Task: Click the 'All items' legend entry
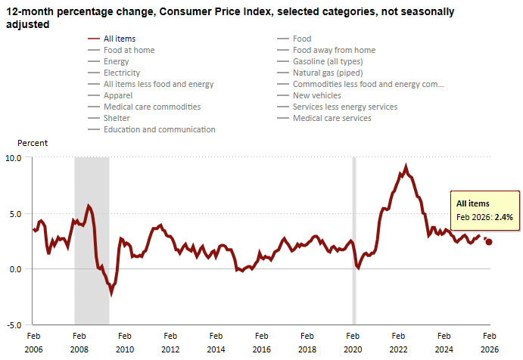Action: (120, 39)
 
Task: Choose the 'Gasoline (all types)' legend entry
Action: (327, 61)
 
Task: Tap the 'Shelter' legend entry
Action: (117, 118)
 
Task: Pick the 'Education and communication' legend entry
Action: (159, 129)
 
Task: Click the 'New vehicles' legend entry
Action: (317, 95)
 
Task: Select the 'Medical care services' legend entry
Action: (332, 118)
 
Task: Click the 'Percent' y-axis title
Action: (33, 143)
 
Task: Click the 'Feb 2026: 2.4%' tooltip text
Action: (484, 217)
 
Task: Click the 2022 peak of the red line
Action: (406, 166)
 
